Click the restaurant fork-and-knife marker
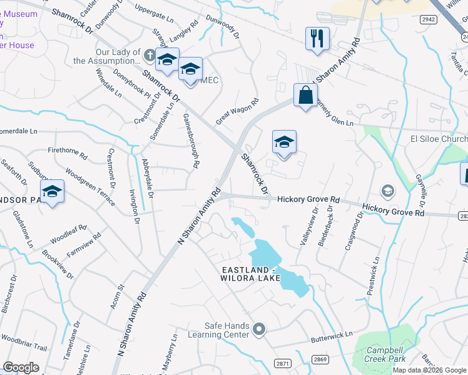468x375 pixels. point(317,38)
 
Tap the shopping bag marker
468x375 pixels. point(305,96)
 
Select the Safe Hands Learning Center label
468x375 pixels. point(227,330)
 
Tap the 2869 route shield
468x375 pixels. point(320,359)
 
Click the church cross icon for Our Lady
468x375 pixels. point(149,56)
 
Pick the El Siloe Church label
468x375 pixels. point(439,139)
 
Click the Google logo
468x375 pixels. point(21,367)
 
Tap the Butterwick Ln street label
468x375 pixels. point(332,337)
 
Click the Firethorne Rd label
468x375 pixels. point(68,151)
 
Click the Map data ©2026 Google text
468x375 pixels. point(429,370)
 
